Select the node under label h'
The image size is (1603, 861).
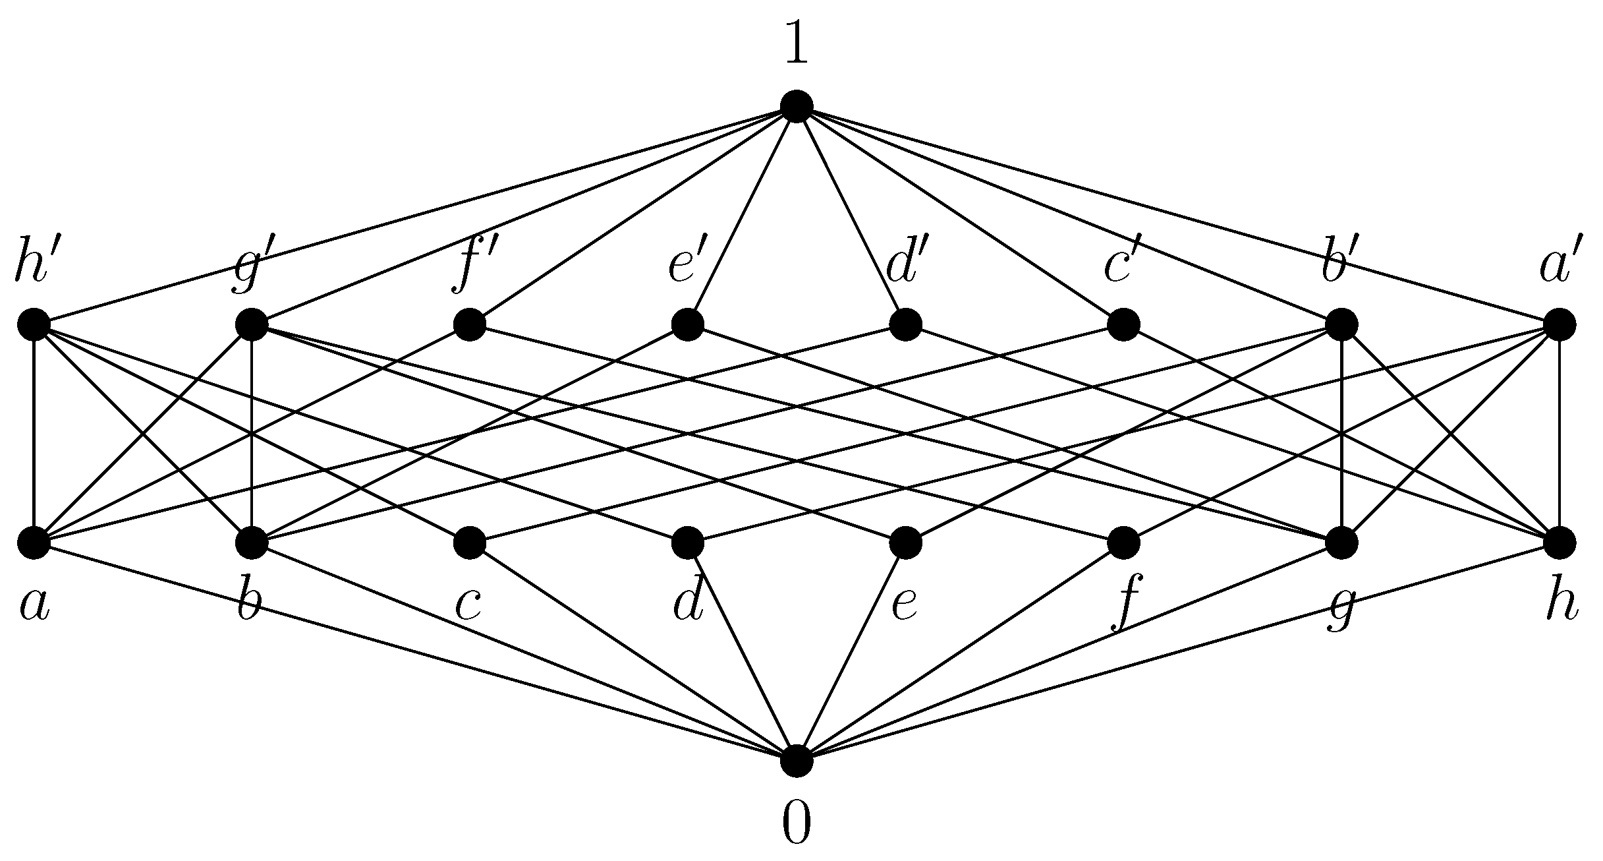[x=34, y=324]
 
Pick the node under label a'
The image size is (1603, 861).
[x=1560, y=324]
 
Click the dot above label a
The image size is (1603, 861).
[x=34, y=543]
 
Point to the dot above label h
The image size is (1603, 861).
[x=1560, y=543]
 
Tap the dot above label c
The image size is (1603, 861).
[x=470, y=543]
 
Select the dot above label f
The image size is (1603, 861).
[x=1123, y=543]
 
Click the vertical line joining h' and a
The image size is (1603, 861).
[x=34, y=433]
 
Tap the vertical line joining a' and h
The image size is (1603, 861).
[x=1560, y=433]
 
